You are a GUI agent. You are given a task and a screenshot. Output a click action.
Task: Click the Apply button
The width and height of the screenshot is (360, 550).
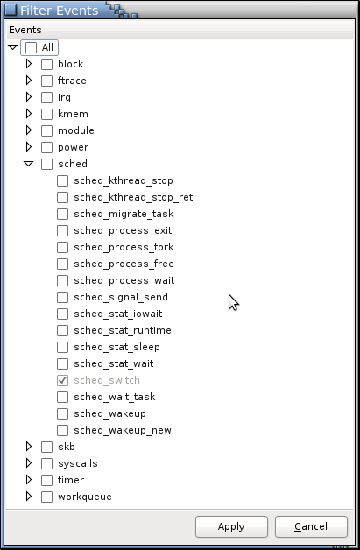(x=231, y=526)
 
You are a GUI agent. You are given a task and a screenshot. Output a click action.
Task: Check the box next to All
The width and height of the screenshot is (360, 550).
(x=31, y=47)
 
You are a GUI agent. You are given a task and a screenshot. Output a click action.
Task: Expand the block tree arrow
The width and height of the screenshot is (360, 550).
(x=29, y=64)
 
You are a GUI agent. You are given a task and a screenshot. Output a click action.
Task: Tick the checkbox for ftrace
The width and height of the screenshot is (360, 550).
(x=46, y=81)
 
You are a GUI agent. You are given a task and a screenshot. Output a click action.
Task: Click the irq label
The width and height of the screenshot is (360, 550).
(x=64, y=97)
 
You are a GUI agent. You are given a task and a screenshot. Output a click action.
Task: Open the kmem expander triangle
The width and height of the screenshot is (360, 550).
(x=29, y=114)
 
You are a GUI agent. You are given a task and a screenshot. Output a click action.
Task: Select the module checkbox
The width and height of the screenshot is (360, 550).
(x=46, y=130)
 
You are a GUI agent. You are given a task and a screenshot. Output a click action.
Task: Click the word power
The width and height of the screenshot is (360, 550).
(x=73, y=148)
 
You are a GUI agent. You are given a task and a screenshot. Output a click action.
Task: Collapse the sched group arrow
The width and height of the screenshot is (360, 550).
(x=28, y=164)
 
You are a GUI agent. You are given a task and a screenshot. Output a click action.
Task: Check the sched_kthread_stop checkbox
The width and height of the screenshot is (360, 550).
(x=62, y=180)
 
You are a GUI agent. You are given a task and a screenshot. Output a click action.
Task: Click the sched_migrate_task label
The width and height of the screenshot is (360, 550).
(x=124, y=214)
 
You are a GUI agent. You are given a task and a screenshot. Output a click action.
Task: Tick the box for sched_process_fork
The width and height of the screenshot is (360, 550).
(x=62, y=247)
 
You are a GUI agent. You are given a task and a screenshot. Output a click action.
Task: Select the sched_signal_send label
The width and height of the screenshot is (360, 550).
(x=121, y=297)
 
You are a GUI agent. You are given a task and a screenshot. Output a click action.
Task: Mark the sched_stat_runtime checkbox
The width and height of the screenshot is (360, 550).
(x=62, y=330)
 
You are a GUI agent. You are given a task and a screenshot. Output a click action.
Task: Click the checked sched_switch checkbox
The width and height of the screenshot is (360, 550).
(x=62, y=380)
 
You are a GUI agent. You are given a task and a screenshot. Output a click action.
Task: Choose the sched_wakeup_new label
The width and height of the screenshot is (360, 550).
(x=123, y=430)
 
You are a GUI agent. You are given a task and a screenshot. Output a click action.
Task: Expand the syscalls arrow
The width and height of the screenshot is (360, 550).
(x=29, y=463)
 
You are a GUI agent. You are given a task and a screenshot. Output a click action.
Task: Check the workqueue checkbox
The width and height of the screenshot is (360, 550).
(x=46, y=497)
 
